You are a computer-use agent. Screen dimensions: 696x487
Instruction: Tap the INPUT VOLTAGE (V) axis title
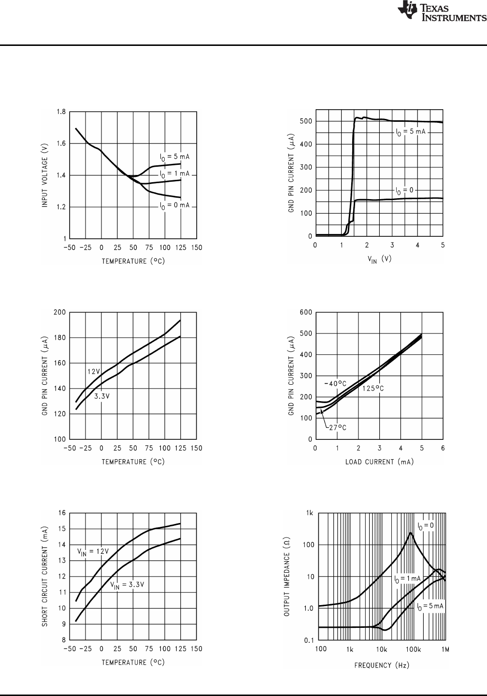click(x=44, y=175)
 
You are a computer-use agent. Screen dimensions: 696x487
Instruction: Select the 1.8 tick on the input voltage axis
click(x=60, y=112)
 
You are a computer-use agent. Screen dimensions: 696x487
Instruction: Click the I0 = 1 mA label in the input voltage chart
click(x=175, y=174)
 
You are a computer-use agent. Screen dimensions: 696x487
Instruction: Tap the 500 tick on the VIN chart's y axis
click(x=305, y=121)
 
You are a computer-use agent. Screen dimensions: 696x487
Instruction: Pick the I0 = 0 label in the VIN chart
click(x=404, y=190)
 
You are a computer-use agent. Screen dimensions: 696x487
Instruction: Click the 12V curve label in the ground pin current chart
click(x=93, y=371)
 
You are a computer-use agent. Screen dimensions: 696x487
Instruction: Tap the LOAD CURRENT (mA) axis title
click(x=379, y=462)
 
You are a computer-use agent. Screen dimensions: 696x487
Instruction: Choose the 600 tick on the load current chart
click(x=305, y=312)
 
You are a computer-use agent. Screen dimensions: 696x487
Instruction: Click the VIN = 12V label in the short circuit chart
click(x=93, y=551)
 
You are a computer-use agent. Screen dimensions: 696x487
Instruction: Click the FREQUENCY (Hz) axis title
click(x=382, y=665)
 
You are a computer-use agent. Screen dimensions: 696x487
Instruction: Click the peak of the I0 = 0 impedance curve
click(x=410, y=533)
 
